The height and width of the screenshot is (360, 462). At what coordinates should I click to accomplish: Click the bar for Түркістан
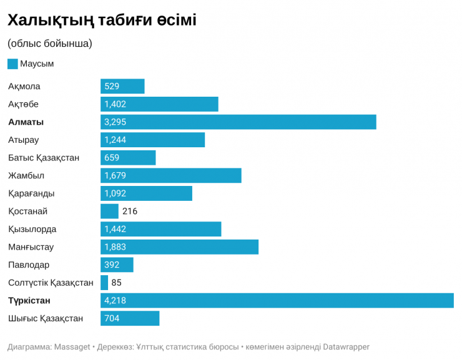pos(277,301)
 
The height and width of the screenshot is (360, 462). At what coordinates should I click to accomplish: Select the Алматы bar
pos(238,122)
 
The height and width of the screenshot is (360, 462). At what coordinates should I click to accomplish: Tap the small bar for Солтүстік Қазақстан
pos(104,283)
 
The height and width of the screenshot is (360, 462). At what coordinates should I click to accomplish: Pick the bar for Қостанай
pos(109,212)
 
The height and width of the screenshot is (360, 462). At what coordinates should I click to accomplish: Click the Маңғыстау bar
pos(179,247)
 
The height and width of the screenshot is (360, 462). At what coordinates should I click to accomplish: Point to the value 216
pos(130,212)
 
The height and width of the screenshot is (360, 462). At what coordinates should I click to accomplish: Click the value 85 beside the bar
pos(116,283)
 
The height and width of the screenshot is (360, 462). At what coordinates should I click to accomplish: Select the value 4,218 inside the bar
pos(115,301)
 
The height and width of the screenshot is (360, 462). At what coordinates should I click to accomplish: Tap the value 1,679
pos(115,176)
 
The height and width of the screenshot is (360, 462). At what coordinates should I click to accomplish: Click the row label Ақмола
pos(24,86)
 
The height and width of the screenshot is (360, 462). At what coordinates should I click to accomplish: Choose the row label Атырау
pos(24,140)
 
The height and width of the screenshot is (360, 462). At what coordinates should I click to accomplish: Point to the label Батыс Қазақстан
pos(44,158)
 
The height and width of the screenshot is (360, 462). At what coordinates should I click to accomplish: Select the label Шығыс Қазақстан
pos(46,318)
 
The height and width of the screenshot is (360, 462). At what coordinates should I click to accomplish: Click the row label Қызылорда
pos(32,229)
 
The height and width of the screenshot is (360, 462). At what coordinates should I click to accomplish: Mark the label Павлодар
pos(29,265)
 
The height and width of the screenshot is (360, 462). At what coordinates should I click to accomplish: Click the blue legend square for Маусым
pos(12,64)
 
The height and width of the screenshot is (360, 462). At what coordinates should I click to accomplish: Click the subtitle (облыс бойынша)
pos(50,44)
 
